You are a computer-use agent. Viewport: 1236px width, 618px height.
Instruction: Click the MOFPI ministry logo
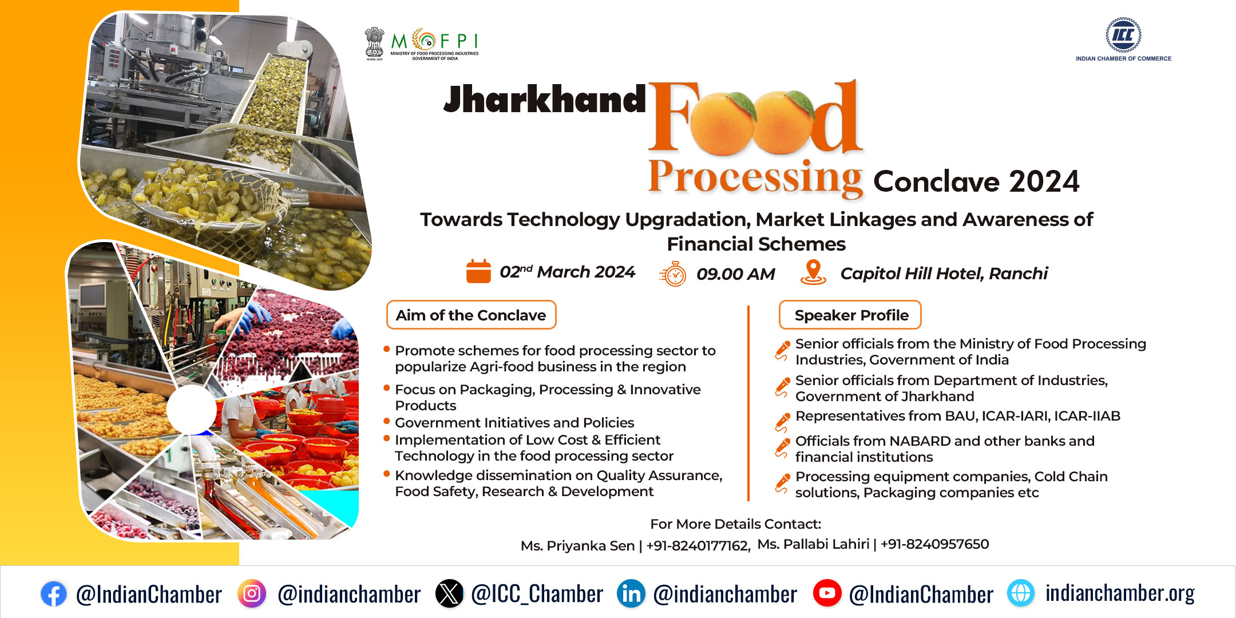pos(422,43)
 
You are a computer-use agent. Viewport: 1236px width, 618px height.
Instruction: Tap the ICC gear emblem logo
pos(1123,35)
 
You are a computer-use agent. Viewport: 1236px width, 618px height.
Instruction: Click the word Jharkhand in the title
pos(545,99)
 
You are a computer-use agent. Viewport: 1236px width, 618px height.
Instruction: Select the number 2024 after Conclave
pos(1044,181)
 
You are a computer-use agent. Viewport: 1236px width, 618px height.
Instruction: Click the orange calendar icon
pos(478,271)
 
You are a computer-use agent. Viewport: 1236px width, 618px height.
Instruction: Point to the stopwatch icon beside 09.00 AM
pos(673,274)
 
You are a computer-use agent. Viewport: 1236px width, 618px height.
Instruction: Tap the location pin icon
pos(813,272)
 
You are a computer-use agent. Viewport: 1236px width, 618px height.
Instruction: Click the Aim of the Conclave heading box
pos(471,315)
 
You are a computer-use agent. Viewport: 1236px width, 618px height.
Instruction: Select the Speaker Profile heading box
pos(850,315)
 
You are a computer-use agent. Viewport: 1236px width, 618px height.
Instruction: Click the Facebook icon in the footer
pos(54,594)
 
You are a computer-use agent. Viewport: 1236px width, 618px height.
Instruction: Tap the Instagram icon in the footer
pos(252,593)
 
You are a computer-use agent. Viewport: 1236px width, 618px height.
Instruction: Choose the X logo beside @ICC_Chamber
pos(450,593)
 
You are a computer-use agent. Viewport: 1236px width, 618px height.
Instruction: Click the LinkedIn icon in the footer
pos(631,593)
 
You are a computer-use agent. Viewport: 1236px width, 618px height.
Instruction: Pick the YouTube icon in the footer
pos(827,593)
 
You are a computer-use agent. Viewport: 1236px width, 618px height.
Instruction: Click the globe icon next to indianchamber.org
pos(1021,593)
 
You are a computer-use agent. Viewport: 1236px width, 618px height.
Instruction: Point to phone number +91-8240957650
pos(934,544)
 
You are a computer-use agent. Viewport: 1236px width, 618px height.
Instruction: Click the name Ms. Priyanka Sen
pos(577,546)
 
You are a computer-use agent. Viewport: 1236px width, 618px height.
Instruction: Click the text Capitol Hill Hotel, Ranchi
pos(944,274)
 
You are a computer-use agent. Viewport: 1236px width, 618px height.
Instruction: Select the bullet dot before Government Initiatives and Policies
pos(387,421)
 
